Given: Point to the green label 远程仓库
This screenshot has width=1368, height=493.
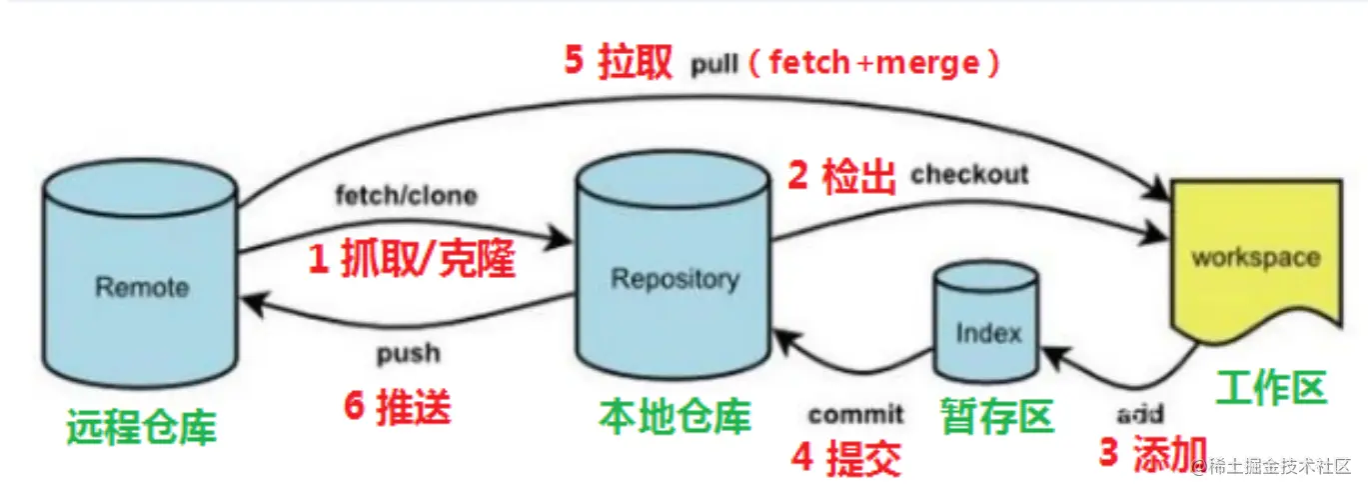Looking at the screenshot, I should [141, 427].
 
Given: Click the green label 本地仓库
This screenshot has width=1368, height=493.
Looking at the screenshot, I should [675, 415].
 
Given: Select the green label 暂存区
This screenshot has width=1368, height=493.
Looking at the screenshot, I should [996, 414].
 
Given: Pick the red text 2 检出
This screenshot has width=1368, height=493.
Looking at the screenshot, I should [842, 177].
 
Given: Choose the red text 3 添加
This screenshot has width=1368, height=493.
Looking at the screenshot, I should [1152, 453].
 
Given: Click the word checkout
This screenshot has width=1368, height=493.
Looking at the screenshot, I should [968, 175].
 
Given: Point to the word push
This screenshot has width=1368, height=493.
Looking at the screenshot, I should [408, 353].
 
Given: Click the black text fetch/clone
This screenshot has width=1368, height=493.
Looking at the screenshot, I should [405, 195].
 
